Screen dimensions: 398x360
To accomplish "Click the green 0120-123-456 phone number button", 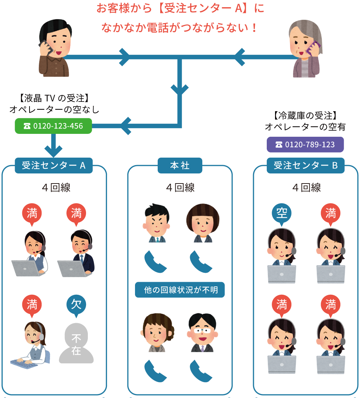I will click(53, 126).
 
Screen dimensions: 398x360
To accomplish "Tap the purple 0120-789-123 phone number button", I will click(305, 145).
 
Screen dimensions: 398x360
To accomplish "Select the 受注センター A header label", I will click(54, 166).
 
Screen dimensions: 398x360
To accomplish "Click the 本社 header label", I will click(180, 166).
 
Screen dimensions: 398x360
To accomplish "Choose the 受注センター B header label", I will click(306, 166).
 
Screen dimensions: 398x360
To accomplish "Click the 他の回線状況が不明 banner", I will click(180, 290).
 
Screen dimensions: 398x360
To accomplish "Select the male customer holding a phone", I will click(53, 49).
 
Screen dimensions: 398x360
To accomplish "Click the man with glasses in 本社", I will click(202, 333).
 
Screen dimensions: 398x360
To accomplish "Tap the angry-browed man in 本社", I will click(157, 223).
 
